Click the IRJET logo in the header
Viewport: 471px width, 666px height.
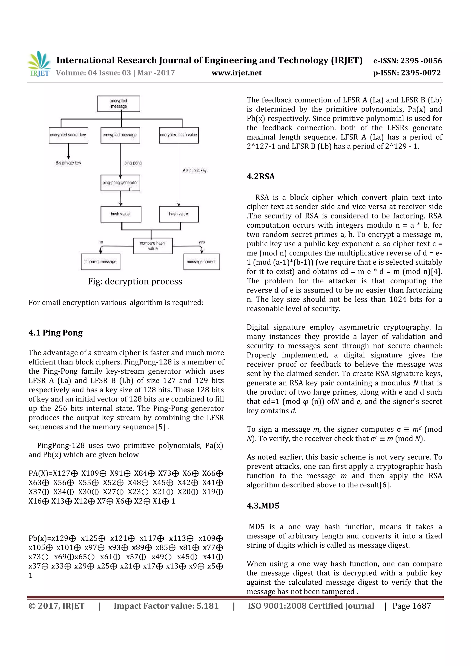(39, 64)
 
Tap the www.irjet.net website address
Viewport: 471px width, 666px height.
(236, 73)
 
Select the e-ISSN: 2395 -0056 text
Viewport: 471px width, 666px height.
(408, 61)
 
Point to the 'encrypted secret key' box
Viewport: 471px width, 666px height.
(68, 135)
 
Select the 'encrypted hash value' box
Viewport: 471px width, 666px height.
(179, 135)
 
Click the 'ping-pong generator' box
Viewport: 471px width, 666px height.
(120, 183)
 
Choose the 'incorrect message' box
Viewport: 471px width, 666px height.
(100, 262)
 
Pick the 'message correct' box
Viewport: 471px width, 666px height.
(201, 262)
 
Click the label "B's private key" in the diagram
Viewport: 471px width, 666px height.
(69, 163)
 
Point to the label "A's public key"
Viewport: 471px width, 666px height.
(195, 171)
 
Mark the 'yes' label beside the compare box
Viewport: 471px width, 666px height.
(201, 242)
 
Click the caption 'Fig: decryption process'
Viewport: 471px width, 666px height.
(135, 281)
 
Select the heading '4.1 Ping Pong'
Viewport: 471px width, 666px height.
(56, 333)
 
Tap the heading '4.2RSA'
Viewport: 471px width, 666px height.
(260, 176)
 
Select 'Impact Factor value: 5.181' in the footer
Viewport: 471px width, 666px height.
(166, 606)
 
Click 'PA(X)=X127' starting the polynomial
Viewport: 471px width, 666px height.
(49, 473)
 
